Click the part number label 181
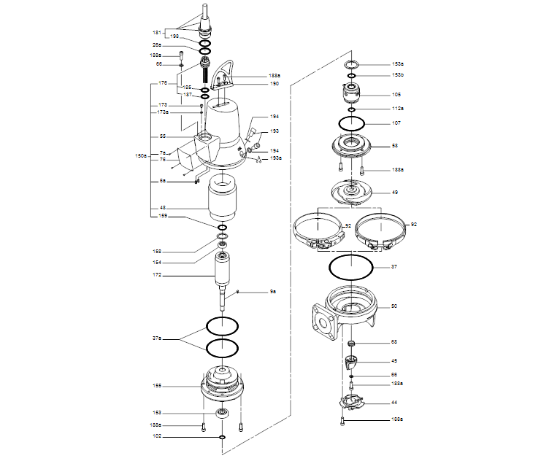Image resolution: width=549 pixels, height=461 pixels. click(157, 33)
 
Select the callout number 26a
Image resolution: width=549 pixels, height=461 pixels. click(157, 45)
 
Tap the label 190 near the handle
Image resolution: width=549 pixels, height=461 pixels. click(274, 84)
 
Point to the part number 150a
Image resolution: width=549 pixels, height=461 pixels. click(140, 156)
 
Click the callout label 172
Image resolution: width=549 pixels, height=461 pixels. click(157, 276)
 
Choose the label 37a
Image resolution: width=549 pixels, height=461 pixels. click(157, 338)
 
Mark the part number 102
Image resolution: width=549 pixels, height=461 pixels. click(157, 437)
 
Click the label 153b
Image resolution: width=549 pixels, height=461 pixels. click(397, 75)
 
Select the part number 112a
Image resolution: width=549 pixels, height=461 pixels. click(397, 109)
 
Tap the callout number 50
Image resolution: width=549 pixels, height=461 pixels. click(394, 306)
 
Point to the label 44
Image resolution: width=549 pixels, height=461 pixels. click(394, 403)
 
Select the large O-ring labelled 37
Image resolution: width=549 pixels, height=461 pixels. click(351, 267)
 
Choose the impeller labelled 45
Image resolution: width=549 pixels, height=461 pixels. click(352, 361)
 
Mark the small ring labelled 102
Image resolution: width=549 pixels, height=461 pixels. click(222, 438)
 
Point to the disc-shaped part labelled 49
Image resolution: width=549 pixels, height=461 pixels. click(351, 193)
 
